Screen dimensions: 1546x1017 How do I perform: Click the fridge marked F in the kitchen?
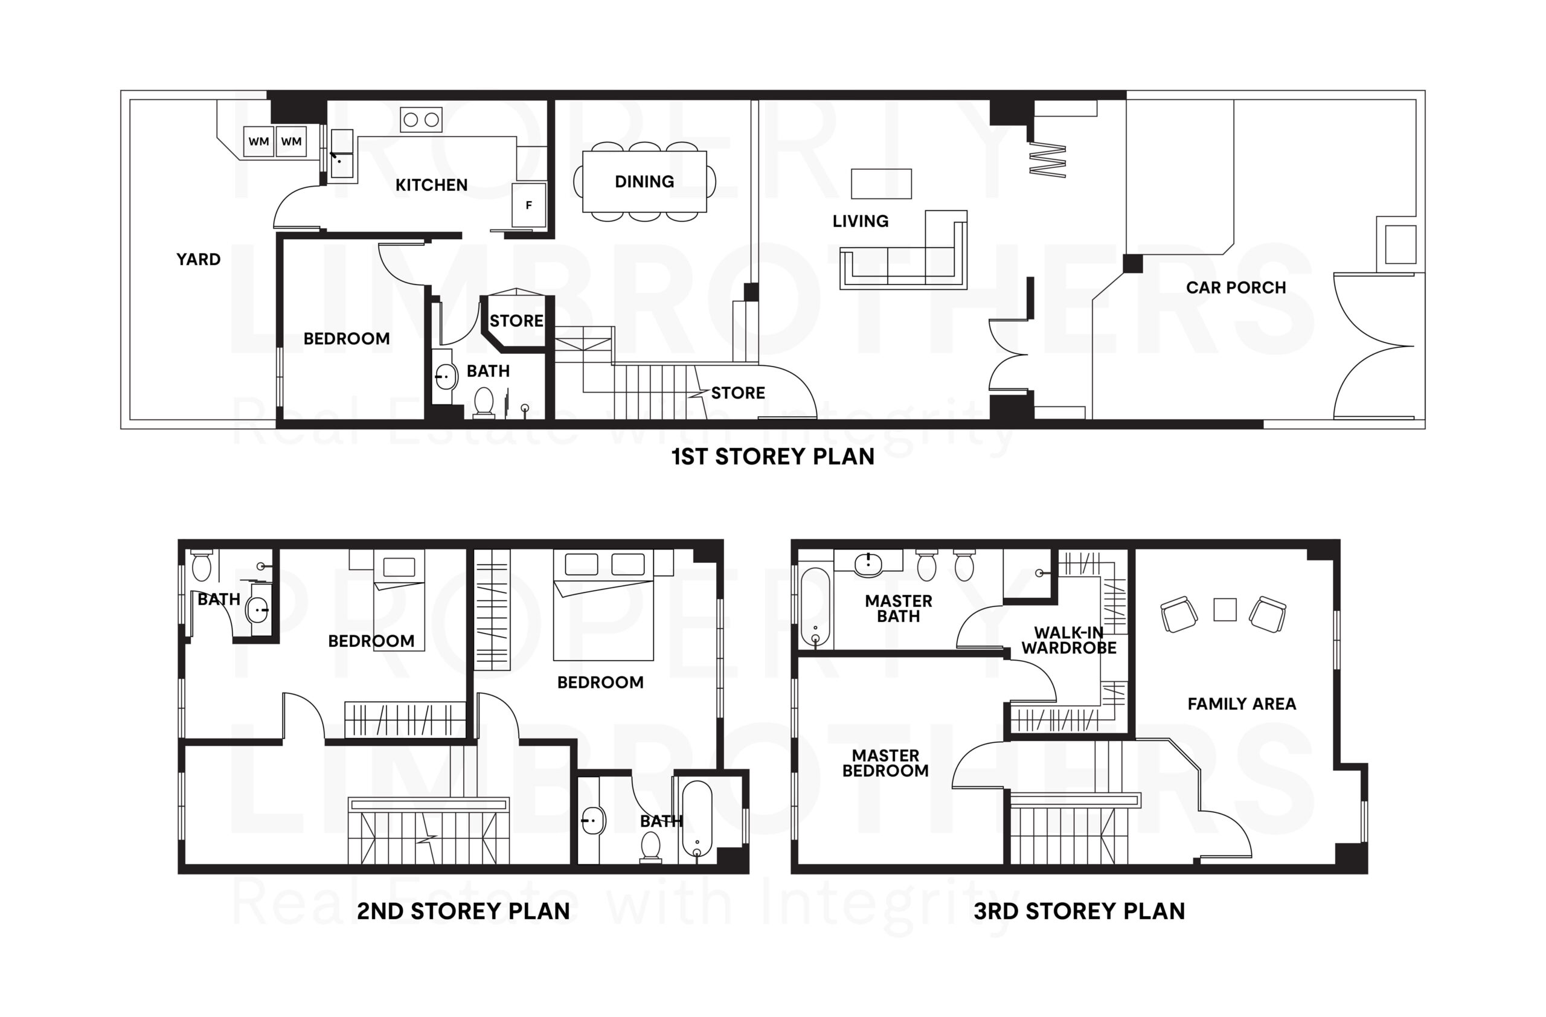point(529,205)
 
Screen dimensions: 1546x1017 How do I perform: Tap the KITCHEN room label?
point(431,185)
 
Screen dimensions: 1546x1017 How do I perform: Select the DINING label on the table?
point(644,182)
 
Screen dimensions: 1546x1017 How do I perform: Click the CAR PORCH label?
point(1236,287)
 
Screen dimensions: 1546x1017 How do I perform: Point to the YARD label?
point(198,260)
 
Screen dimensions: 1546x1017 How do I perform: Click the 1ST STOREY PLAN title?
point(772,457)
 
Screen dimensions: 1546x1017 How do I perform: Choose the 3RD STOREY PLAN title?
point(1079,911)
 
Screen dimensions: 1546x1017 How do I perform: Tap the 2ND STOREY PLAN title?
point(463,911)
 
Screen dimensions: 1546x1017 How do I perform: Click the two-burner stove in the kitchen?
point(421,120)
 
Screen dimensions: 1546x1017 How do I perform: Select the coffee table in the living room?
point(881,184)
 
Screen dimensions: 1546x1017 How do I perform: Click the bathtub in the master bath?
point(815,607)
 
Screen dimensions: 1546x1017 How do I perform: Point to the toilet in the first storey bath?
point(484,402)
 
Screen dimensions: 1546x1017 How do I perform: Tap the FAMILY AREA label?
point(1242,704)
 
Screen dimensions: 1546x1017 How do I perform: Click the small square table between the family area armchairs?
point(1225,610)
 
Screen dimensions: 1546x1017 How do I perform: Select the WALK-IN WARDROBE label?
point(1068,640)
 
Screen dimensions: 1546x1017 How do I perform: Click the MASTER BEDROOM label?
point(885,763)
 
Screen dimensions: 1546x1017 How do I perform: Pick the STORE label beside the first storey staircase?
point(738,393)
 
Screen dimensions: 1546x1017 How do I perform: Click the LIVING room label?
point(860,222)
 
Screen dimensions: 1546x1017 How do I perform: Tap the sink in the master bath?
point(868,564)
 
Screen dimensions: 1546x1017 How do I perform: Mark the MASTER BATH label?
point(899,609)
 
